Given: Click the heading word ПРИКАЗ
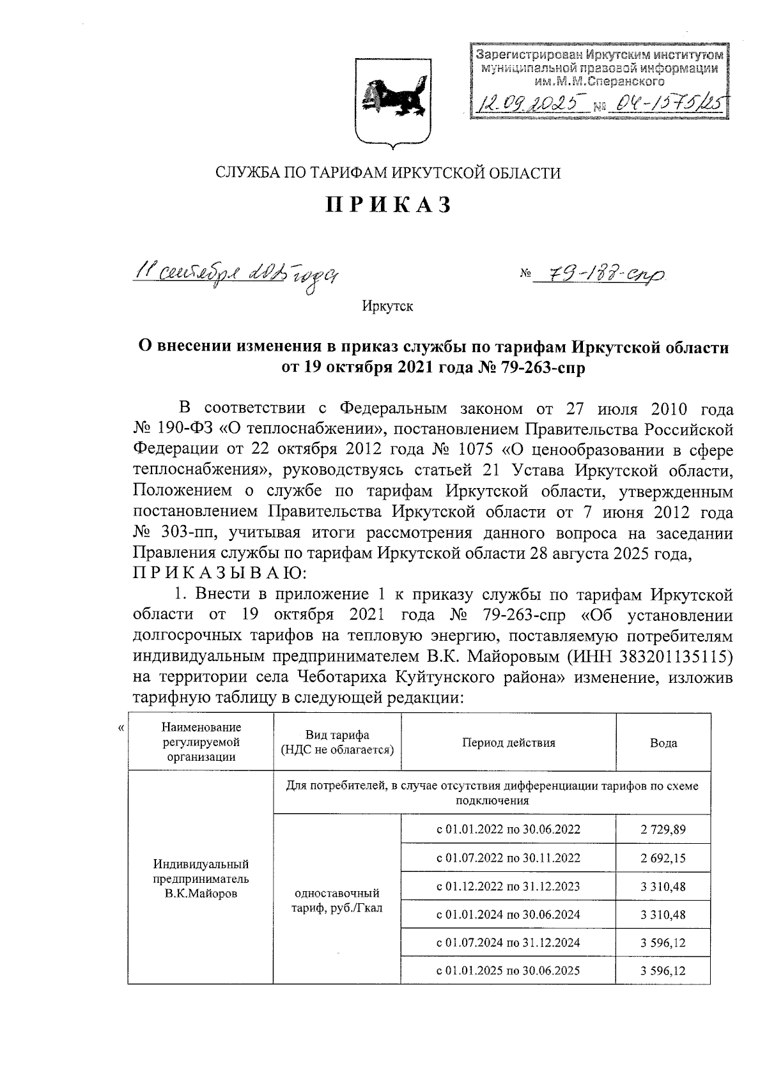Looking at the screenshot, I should [389, 205].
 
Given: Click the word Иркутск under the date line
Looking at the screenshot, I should [388, 307].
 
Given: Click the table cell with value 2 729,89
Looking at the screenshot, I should [663, 830].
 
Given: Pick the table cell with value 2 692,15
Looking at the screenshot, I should [663, 858].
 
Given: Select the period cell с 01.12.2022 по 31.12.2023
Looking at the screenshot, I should [508, 886].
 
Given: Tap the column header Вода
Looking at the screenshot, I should [663, 743].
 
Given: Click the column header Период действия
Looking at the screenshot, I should [509, 743].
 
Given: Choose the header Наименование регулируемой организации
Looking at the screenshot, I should [201, 742].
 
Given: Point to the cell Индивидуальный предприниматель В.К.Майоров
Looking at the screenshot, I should [201, 879].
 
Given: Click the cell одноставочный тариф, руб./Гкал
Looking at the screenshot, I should [337, 900].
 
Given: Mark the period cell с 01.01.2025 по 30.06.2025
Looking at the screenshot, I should [508, 971].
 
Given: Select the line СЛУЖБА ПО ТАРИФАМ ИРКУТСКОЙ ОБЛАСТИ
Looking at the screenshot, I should [389, 172].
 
